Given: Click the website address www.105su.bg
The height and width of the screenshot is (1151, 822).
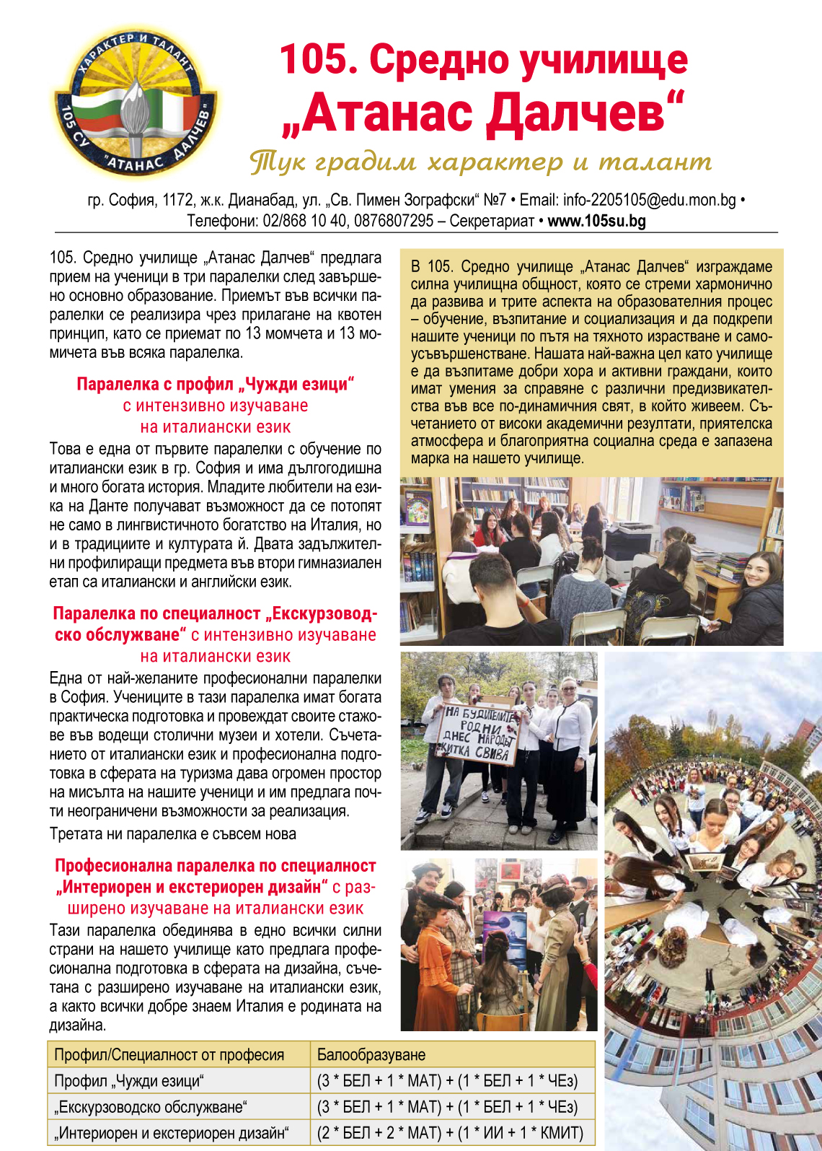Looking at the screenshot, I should click(x=596, y=221).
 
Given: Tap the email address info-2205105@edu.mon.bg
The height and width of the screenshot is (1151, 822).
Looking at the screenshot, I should click(x=650, y=200).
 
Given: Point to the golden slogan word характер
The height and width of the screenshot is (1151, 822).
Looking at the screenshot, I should click(x=495, y=162).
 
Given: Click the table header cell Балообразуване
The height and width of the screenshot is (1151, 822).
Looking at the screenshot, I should click(x=371, y=1054).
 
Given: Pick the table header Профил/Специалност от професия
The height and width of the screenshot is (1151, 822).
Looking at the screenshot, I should click(x=169, y=1054).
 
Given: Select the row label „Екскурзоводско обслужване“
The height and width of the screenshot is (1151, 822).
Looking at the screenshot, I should click(x=151, y=1107).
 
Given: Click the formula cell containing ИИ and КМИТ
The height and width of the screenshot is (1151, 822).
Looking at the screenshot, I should click(x=450, y=1133).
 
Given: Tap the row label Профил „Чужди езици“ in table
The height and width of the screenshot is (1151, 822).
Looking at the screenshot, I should click(x=130, y=1081).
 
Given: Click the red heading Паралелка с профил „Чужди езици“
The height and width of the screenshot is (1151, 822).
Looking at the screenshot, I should click(x=216, y=385).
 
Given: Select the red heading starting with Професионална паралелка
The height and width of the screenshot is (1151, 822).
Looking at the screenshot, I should click(x=216, y=866).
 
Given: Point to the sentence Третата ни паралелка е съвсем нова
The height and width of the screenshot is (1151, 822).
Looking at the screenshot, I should click(x=173, y=834).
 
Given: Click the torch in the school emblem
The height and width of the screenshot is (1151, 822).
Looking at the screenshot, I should click(x=134, y=108).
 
